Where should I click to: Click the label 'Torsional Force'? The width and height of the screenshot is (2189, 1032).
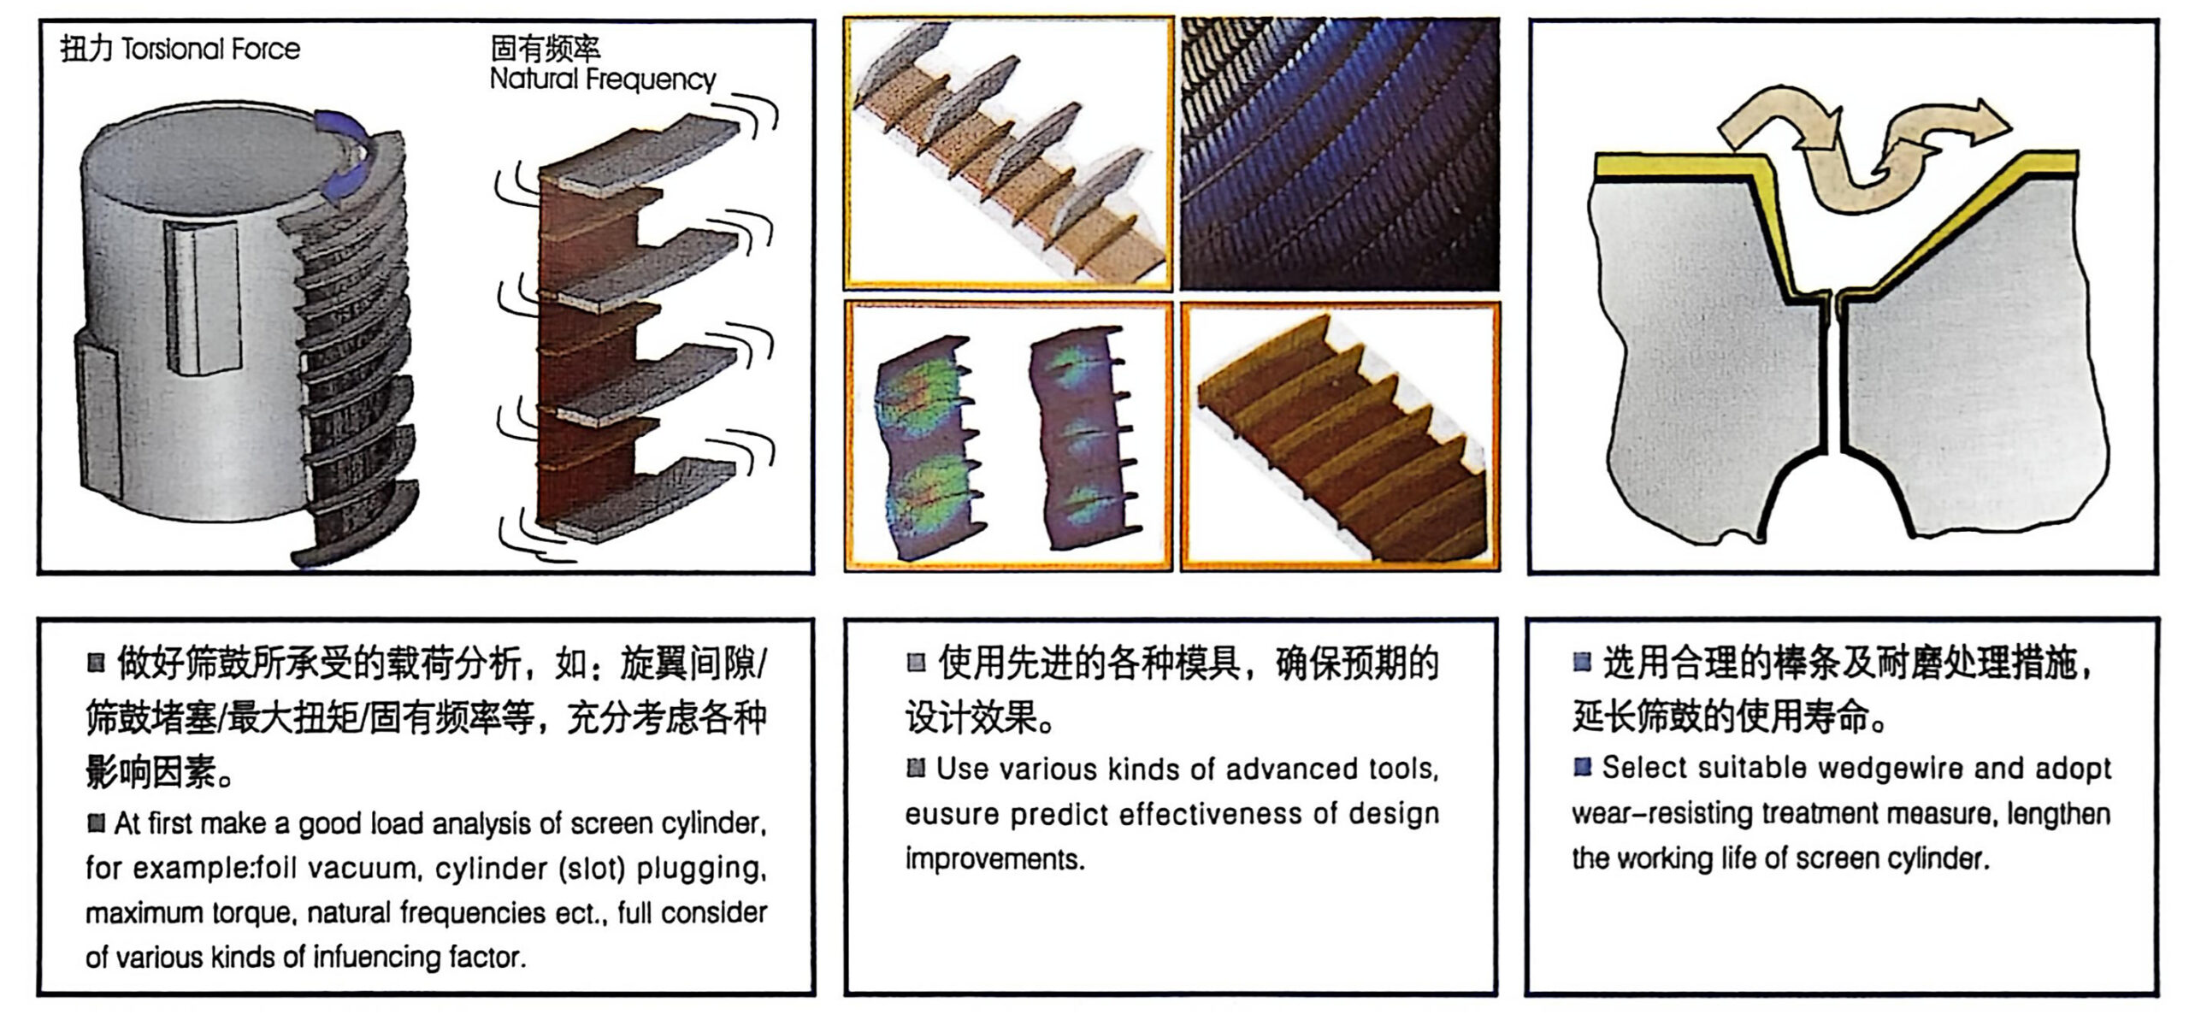coord(210,50)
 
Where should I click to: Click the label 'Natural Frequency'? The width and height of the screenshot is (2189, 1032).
coord(603,80)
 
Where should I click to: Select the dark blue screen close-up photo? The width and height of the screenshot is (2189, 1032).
coord(1340,154)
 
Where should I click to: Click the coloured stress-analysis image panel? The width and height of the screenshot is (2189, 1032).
coord(1008,436)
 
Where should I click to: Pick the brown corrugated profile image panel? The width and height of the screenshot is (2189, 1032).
coord(1340,436)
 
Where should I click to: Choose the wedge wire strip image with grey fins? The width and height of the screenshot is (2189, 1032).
coord(1008,154)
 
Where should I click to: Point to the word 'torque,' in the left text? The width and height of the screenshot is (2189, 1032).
coord(258,913)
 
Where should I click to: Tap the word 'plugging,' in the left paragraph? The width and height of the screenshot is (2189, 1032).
coord(701,869)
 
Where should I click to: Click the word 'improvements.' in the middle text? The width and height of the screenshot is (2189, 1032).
coord(994,859)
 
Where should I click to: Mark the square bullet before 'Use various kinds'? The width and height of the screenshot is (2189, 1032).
coord(916,768)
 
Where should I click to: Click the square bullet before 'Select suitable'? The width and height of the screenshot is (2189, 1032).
coord(1583,767)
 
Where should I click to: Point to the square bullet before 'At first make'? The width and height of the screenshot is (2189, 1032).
coord(96,823)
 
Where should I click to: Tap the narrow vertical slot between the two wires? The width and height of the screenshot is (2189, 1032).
coord(1835,376)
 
